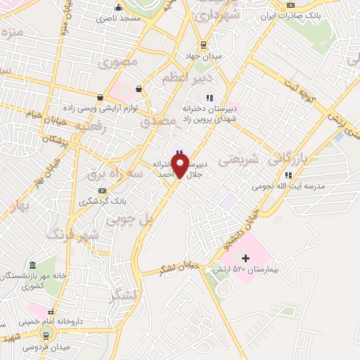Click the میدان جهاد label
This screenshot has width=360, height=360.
pos(203,56)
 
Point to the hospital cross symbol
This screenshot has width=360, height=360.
pos(245,259)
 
